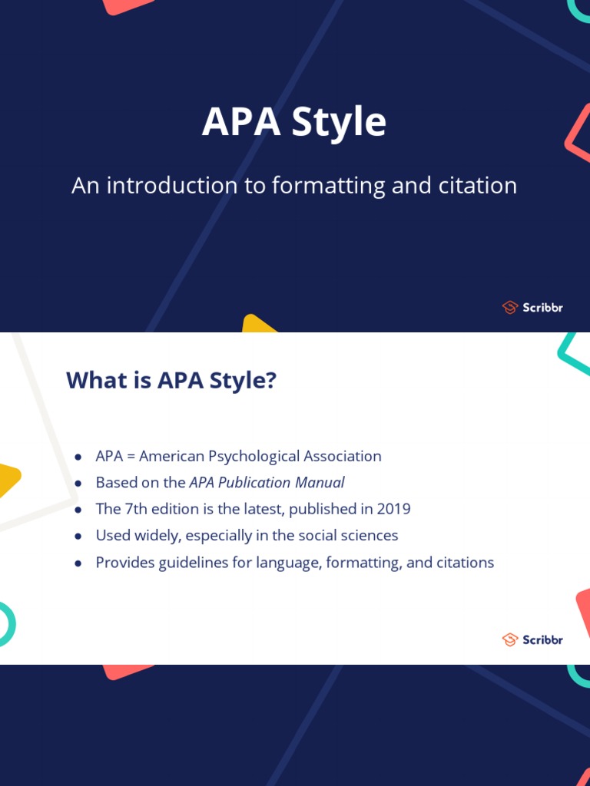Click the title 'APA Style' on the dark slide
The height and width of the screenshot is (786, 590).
(x=294, y=123)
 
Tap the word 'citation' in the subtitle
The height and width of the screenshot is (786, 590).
(x=479, y=186)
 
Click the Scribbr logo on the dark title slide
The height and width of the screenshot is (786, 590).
(x=532, y=308)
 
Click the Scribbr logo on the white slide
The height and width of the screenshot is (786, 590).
(x=532, y=639)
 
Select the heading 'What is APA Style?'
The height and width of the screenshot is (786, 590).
(x=171, y=380)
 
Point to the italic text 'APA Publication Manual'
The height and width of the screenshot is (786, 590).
(x=267, y=483)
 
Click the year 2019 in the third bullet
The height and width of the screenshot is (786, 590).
(x=393, y=509)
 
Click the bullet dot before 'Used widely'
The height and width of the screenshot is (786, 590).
(x=78, y=537)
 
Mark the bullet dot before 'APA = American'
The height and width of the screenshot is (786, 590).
(x=78, y=457)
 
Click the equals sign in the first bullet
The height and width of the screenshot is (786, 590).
(x=131, y=457)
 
